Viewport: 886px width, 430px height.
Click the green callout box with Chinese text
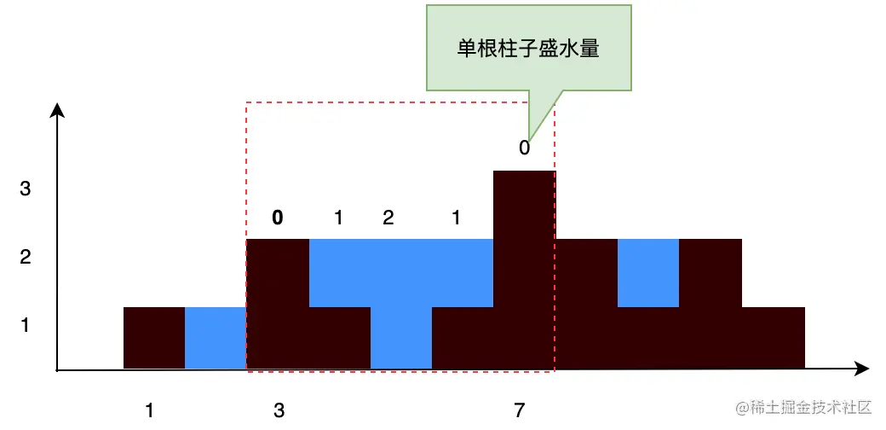click(528, 48)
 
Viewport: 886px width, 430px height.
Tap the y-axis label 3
click(26, 189)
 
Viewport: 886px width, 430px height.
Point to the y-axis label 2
click(26, 257)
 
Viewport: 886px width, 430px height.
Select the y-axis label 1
click(26, 326)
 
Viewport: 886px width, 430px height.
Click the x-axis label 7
click(520, 410)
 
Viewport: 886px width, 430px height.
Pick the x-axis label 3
click(279, 410)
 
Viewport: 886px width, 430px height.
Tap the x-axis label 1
click(150, 410)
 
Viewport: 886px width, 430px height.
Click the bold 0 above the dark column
click(277, 218)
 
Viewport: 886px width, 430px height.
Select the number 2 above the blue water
click(388, 218)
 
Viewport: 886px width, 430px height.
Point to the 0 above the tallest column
click(524, 148)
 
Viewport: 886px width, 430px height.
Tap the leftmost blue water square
click(216, 338)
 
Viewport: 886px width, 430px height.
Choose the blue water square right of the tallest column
click(647, 273)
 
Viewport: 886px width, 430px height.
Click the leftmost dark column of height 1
click(154, 338)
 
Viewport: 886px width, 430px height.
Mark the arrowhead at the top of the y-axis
click(57, 109)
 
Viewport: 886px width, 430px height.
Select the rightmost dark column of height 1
click(774, 338)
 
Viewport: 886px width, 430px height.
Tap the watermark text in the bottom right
click(806, 408)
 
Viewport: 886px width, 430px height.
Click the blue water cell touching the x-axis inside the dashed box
click(401, 338)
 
